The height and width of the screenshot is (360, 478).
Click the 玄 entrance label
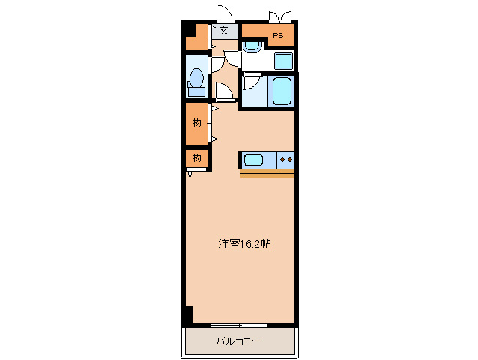coord(224,31)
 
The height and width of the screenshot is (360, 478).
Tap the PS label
coord(277,35)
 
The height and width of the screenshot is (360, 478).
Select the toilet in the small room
coord(196,80)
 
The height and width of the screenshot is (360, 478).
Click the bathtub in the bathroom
coord(282,91)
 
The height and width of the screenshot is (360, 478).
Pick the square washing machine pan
coord(283,61)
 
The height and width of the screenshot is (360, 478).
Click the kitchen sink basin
coord(253,159)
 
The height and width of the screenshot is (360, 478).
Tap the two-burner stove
coord(286,159)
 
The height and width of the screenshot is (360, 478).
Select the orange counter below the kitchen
coord(267,174)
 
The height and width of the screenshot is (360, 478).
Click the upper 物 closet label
coord(196,122)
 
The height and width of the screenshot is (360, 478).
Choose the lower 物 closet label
coord(196,157)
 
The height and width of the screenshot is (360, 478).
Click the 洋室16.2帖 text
coord(244,243)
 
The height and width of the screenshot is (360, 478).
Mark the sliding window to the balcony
coord(238,325)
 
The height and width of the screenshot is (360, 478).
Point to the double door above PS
coord(280,15)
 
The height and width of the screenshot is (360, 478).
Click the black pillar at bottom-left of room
coord(188,314)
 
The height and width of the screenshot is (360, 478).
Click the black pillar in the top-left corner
coord(190,29)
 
